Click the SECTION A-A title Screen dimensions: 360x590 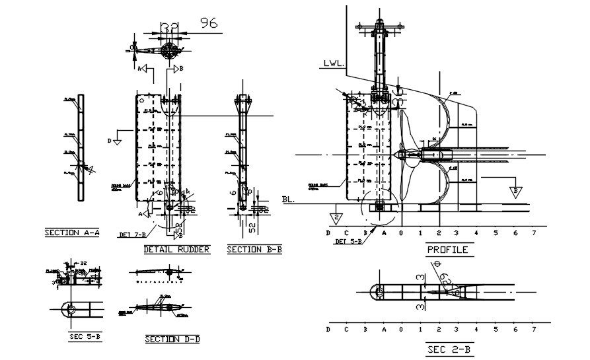[x=71, y=233]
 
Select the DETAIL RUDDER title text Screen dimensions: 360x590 [x=176, y=249]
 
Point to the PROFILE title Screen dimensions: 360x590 [x=447, y=250]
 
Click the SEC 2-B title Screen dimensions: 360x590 [x=450, y=348]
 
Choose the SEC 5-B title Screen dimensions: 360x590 [x=85, y=337]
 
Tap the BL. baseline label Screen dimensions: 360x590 [x=288, y=198]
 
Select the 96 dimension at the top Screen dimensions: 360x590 [x=209, y=23]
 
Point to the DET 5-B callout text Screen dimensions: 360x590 [x=348, y=241]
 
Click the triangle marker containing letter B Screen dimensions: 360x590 [x=514, y=192]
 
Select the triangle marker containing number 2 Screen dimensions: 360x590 [x=336, y=217]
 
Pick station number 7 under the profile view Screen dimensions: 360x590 [x=533, y=233]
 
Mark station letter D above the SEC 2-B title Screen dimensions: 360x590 [x=328, y=328]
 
